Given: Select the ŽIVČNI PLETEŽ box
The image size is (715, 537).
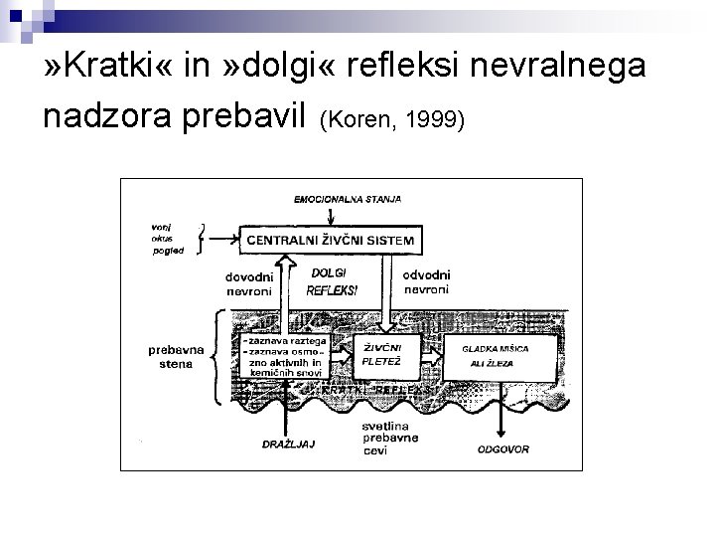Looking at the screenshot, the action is pyautogui.click(x=380, y=356).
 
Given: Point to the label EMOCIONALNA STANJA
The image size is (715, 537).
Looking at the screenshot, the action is pyautogui.click(x=348, y=199).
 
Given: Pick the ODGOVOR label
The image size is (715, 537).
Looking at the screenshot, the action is pyautogui.click(x=503, y=449).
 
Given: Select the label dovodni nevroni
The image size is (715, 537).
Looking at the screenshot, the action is pyautogui.click(x=250, y=281).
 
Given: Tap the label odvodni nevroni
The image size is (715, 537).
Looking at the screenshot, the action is pyautogui.click(x=427, y=281).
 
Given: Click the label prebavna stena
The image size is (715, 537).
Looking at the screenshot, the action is pyautogui.click(x=174, y=356).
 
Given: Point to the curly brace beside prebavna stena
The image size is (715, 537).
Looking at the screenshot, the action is pyautogui.click(x=217, y=356).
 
